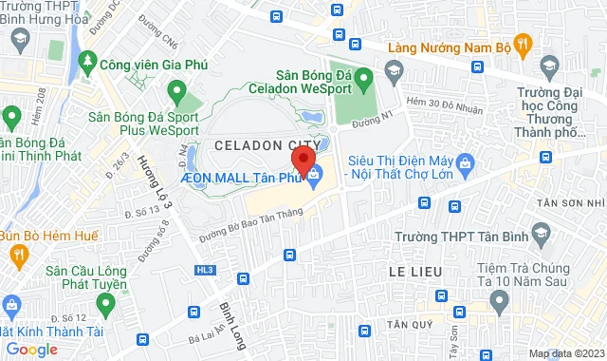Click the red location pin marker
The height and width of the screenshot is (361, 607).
(x=303, y=160)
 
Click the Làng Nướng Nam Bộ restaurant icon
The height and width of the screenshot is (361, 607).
(x=525, y=46)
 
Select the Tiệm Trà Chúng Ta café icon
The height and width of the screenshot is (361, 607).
(x=500, y=300)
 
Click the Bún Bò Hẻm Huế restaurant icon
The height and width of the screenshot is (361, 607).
(x=18, y=254)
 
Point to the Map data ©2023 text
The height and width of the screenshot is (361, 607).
(x=565, y=353)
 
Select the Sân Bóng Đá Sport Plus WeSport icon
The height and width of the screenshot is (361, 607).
(x=176, y=92)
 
